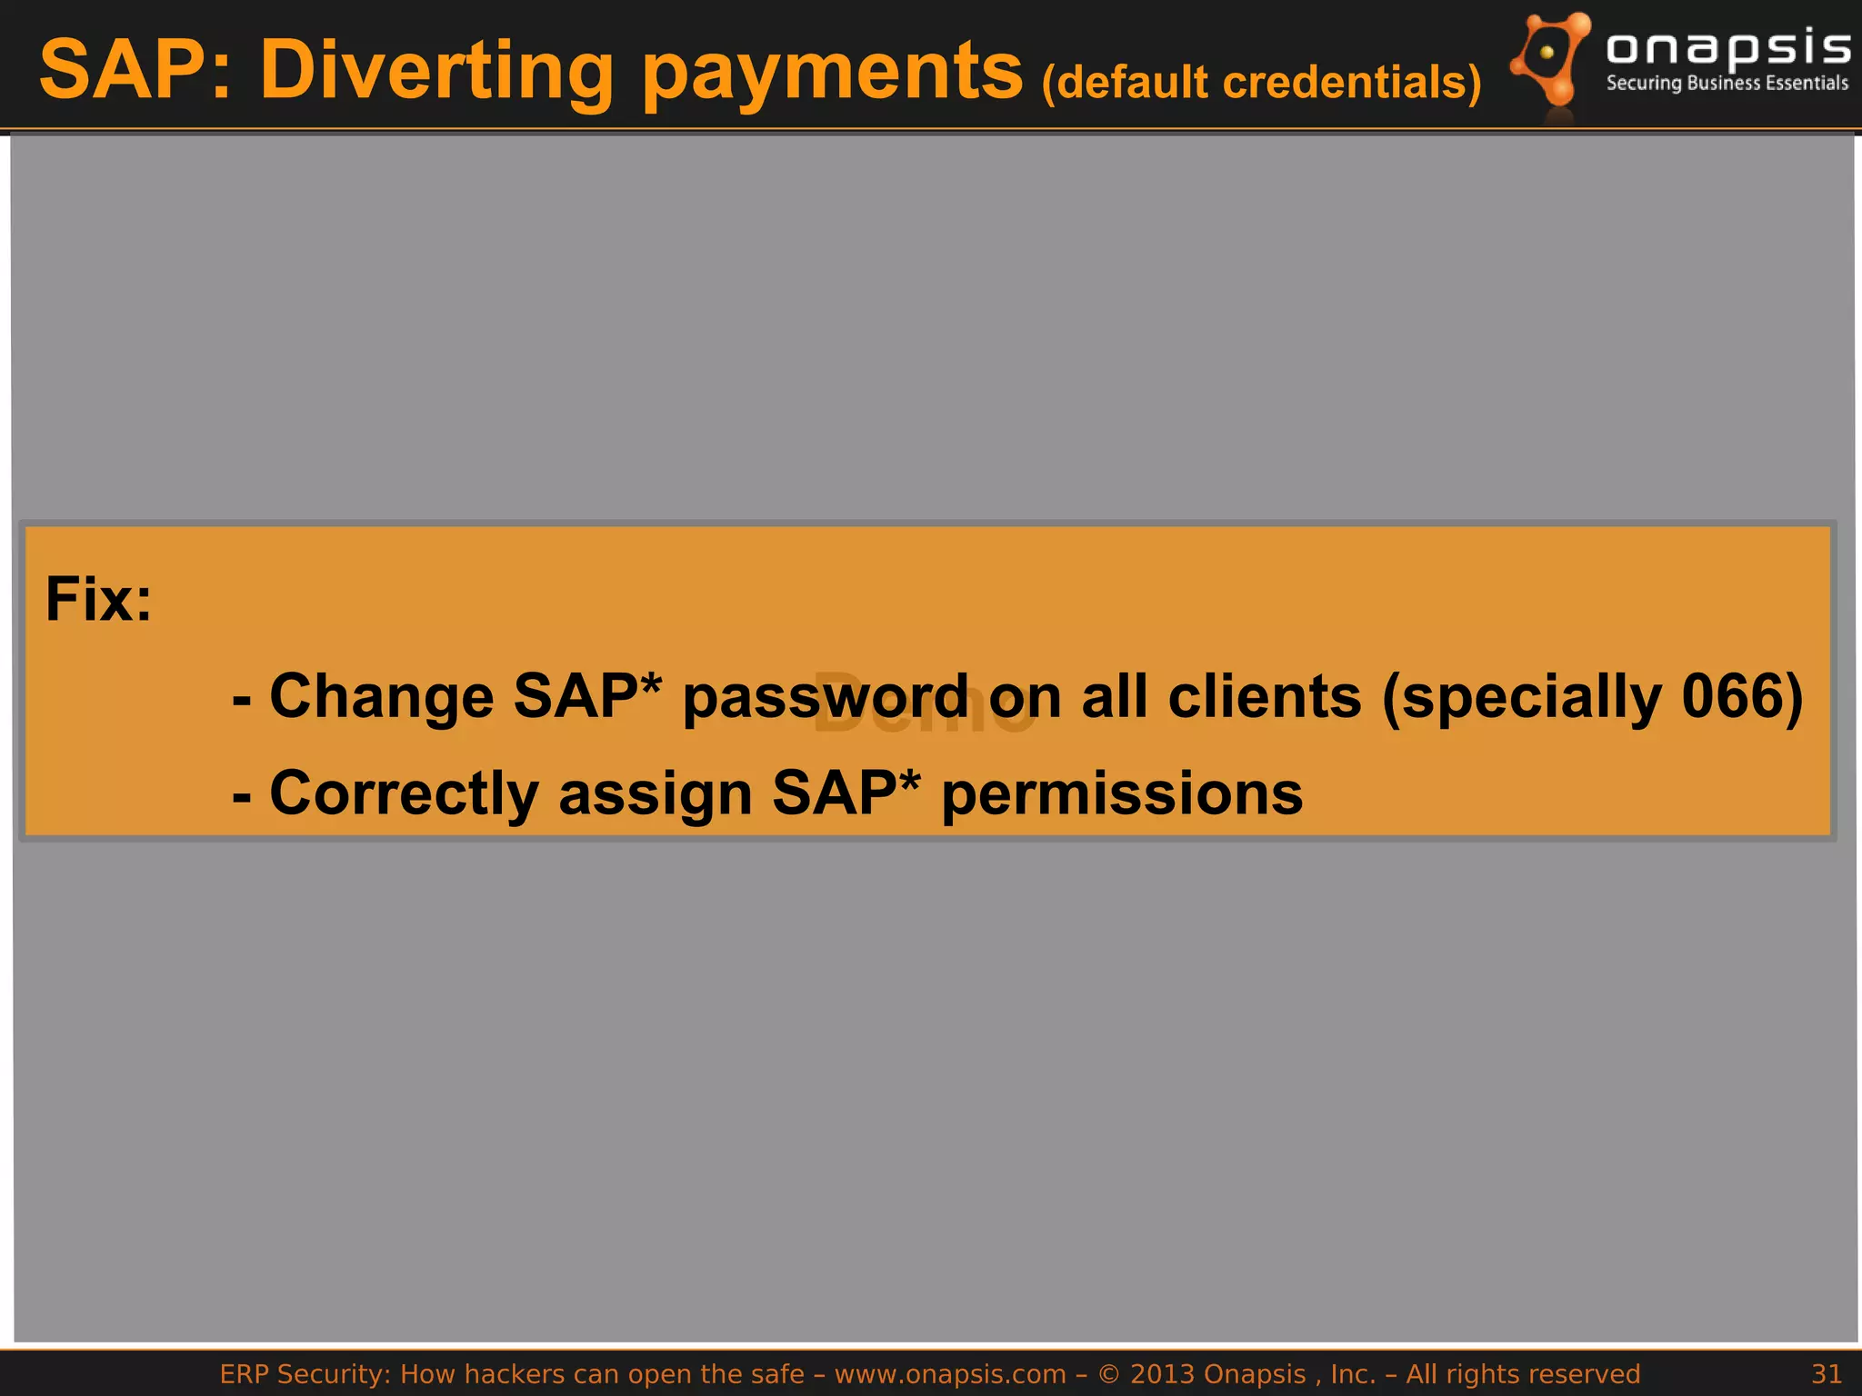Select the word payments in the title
[x=832, y=73]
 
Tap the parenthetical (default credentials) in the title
[x=1261, y=83]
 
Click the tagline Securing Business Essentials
[x=1727, y=84]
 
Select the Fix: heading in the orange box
[x=99, y=600]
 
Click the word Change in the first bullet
[x=382, y=697]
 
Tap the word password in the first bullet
[x=826, y=698]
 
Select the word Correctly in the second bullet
[x=405, y=794]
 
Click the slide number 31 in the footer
[x=1826, y=1373]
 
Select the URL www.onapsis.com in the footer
[x=950, y=1374]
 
